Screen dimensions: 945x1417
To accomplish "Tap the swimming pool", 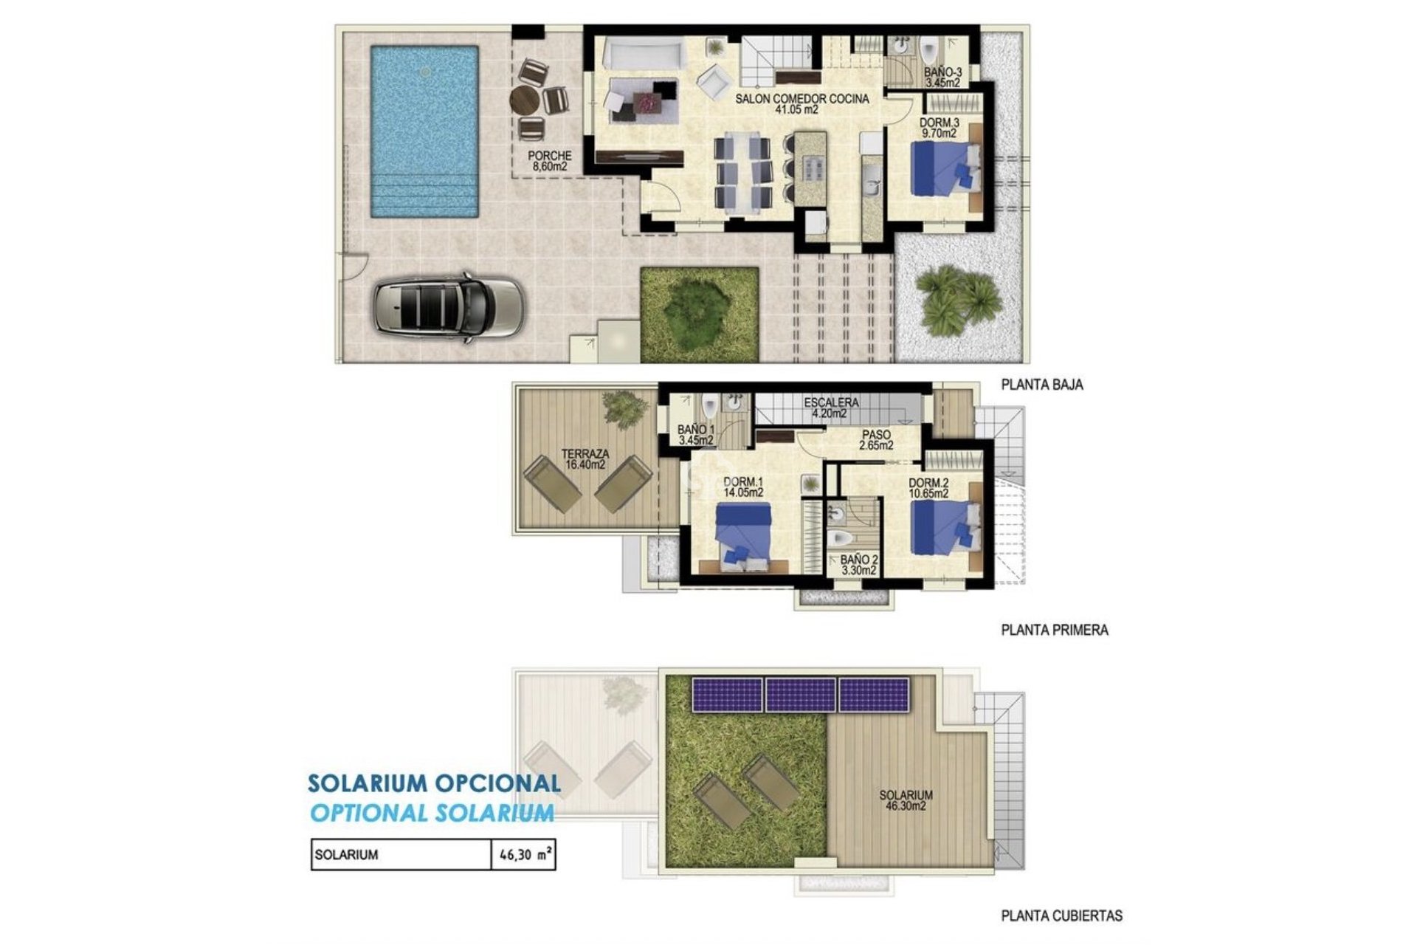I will click(x=424, y=131).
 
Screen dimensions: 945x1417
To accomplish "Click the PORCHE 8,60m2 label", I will click(x=549, y=161).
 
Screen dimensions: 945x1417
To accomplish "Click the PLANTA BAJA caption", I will click(x=1041, y=385).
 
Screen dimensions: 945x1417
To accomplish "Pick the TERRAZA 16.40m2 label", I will click(x=585, y=459).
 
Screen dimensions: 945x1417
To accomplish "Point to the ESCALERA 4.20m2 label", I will click(x=830, y=408).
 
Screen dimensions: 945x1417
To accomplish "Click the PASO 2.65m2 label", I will click(x=876, y=440).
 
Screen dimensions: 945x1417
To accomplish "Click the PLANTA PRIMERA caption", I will click(x=1054, y=630).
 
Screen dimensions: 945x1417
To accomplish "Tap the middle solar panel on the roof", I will click(x=800, y=695).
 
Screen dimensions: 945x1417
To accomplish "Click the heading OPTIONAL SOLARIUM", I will click(x=432, y=813).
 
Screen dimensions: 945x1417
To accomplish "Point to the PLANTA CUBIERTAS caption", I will click(x=1061, y=916).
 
